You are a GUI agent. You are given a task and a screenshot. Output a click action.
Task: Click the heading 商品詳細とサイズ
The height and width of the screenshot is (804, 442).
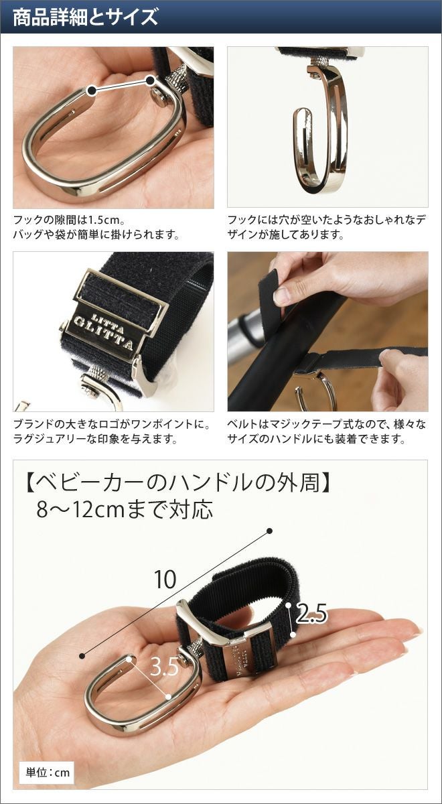(x=85, y=17)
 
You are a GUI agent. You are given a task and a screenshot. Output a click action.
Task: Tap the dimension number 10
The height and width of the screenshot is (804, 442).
(x=165, y=579)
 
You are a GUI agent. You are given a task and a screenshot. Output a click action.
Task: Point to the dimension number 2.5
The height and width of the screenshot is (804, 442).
(x=311, y=614)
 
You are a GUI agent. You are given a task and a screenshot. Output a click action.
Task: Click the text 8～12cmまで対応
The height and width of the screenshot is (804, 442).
(x=125, y=510)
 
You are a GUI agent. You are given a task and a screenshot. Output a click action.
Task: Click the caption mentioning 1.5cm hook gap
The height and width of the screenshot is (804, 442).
(x=96, y=227)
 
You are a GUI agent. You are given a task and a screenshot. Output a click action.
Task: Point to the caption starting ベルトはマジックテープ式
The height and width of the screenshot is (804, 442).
(x=327, y=431)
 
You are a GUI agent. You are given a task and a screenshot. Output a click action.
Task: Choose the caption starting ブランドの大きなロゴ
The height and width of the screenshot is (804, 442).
(x=111, y=431)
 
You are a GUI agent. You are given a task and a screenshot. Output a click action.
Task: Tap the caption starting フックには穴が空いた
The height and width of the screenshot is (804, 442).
(x=327, y=227)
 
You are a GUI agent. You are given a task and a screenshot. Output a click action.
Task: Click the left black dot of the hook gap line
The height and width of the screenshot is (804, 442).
(x=92, y=90)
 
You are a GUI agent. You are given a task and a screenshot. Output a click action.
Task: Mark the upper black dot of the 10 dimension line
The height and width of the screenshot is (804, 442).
(x=269, y=531)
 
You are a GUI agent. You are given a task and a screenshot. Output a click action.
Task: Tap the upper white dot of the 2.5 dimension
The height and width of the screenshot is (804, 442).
(x=289, y=605)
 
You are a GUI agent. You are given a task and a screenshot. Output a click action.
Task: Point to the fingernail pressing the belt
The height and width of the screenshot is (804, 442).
(x=282, y=294)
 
